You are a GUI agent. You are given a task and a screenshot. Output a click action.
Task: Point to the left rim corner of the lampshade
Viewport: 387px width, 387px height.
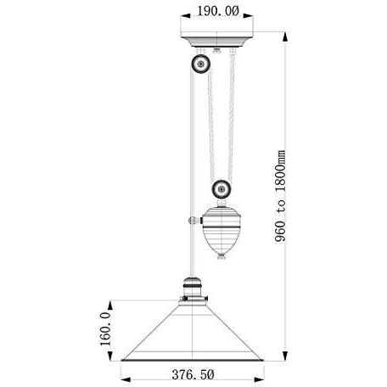click(121, 356)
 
